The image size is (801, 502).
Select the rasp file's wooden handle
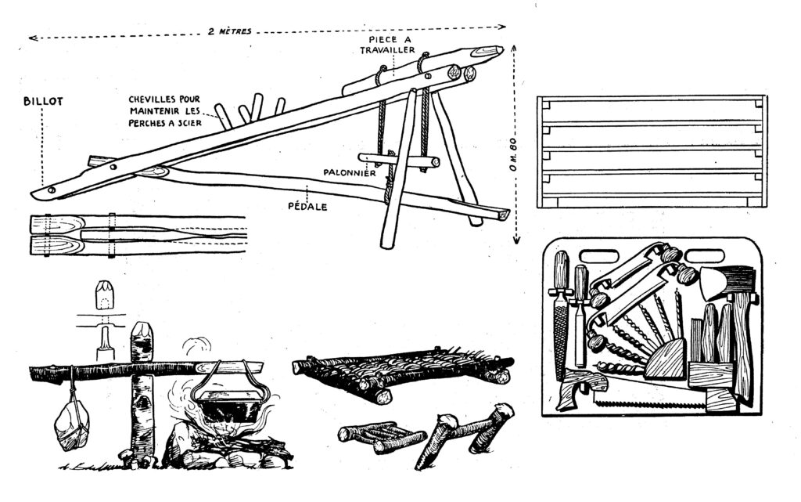click(561, 269)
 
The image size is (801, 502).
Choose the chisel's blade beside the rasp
click(580, 333)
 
